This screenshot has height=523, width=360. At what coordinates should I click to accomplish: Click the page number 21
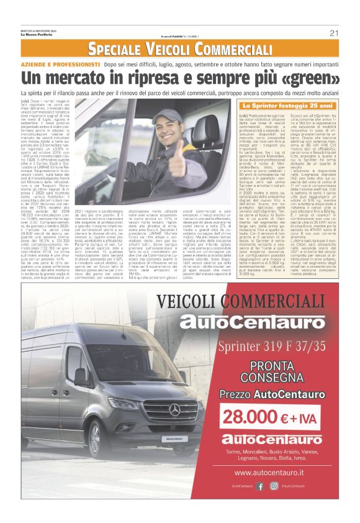pos(333,33)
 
